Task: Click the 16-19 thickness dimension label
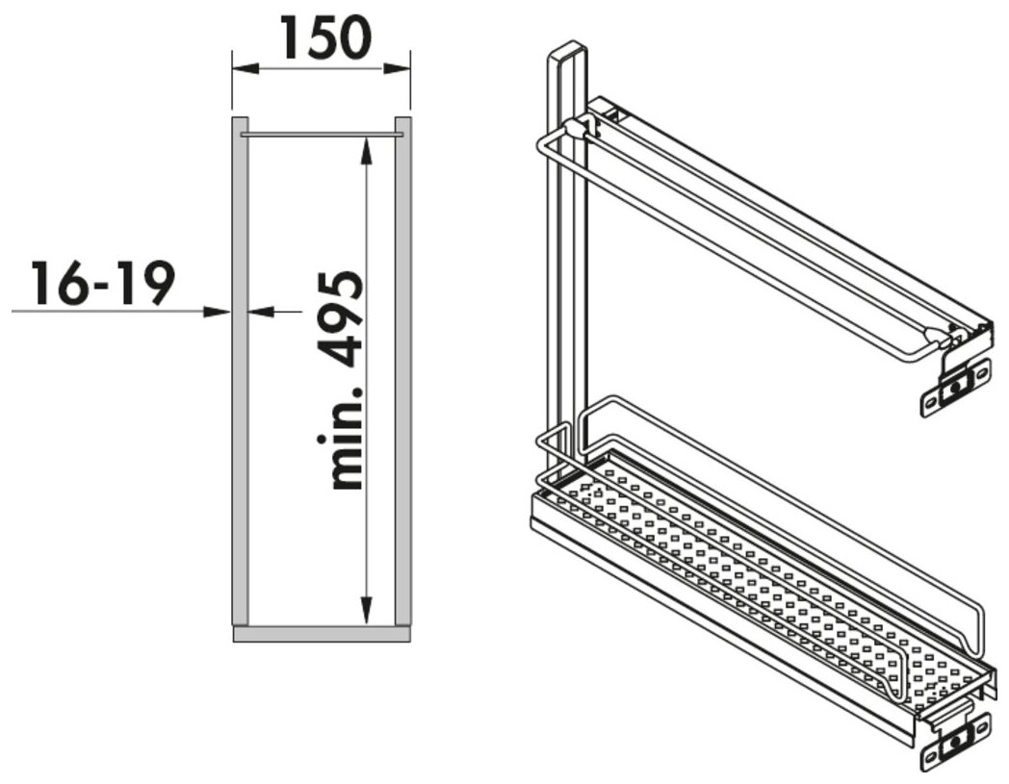pos(102,283)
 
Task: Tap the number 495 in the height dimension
pos(341,320)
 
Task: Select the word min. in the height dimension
pos(341,439)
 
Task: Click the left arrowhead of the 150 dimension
pos(245,69)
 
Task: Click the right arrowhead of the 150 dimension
pos(397,69)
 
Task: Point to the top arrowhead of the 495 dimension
pos(366,151)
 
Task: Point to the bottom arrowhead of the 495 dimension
pos(366,610)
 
